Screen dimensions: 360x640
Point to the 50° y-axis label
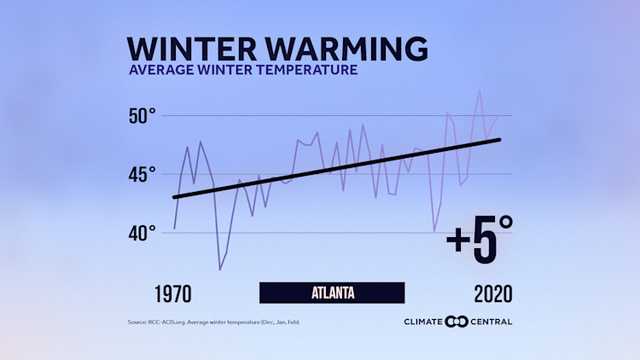pos(142,115)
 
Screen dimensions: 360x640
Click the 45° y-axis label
pos(142,174)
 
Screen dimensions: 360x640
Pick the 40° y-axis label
pos(142,233)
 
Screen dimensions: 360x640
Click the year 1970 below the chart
pos(179,294)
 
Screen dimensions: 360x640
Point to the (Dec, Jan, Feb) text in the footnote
pos(280,322)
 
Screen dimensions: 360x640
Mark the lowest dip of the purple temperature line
pos(220,270)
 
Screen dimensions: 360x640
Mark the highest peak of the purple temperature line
pos(480,90)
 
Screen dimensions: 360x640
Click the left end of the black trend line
pos(174,198)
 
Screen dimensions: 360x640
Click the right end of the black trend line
pos(500,140)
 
